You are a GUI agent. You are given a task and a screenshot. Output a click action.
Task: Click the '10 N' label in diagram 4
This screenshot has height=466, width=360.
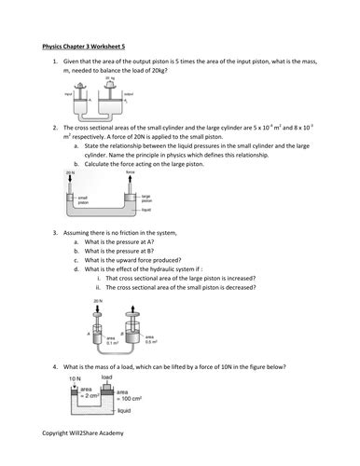pyautogui.click(x=74, y=379)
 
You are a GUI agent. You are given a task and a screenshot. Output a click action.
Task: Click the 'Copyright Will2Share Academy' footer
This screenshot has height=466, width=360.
pyautogui.click(x=83, y=434)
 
